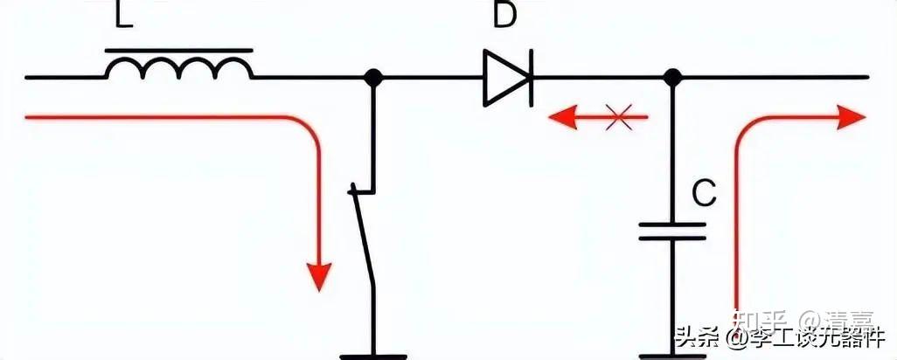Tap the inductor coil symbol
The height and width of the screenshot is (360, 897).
click(180, 66)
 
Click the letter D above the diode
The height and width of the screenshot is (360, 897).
click(504, 16)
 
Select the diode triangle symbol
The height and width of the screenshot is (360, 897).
click(505, 79)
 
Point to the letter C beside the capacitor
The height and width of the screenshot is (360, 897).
click(705, 194)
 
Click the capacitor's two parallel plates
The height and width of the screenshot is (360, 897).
click(671, 231)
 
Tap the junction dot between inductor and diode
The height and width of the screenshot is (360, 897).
click(373, 78)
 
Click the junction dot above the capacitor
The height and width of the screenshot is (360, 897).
click(671, 78)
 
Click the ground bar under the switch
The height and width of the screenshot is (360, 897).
click(373, 356)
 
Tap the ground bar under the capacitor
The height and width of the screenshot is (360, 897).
click(671, 356)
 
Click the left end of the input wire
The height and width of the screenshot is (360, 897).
click(28, 78)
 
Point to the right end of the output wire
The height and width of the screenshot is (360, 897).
click(867, 78)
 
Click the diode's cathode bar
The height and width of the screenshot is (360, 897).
click(530, 79)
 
